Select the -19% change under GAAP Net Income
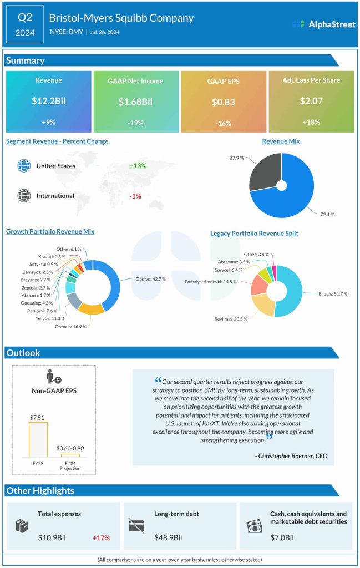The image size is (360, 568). [x=136, y=123]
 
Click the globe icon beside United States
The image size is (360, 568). [x=24, y=166]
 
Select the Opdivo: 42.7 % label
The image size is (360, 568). [x=151, y=279]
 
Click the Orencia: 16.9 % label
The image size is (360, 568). [x=71, y=326]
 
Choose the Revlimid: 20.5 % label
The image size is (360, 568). [x=231, y=319]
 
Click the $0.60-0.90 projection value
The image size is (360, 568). [x=70, y=448]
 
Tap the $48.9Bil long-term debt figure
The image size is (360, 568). [x=168, y=537]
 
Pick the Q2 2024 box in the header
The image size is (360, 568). [x=25, y=25]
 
